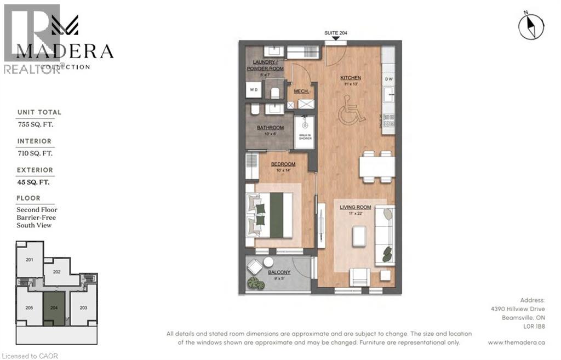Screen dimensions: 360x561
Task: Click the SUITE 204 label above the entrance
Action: [x=335, y=33]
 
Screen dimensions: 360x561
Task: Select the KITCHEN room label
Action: [x=350, y=78]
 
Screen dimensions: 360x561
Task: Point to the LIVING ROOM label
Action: [x=356, y=207]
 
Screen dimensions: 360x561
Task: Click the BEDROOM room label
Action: [x=283, y=164]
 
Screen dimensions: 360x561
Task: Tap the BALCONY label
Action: [x=279, y=272]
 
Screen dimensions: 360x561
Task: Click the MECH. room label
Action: [x=301, y=91]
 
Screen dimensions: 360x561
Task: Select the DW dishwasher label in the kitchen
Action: [x=389, y=79]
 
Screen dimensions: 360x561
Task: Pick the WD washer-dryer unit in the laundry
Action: [x=254, y=90]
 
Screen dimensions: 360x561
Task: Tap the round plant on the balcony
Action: [x=254, y=283]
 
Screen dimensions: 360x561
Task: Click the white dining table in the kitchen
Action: [x=377, y=167]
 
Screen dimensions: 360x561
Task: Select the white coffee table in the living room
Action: [x=359, y=236]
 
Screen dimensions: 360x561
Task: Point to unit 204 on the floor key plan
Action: [x=54, y=308]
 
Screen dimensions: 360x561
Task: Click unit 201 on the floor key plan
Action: [x=30, y=259]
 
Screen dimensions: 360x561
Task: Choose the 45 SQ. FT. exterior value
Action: [x=36, y=182]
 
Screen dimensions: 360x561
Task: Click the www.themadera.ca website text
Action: [x=516, y=342]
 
